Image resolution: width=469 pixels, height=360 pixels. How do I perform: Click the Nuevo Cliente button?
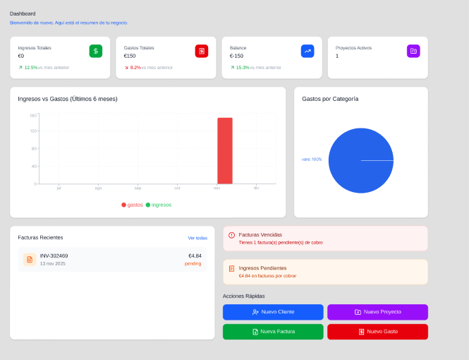(273, 312)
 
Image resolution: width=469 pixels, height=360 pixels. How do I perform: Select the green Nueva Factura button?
(273, 332)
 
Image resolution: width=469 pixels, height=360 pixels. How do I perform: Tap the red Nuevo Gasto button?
(377, 332)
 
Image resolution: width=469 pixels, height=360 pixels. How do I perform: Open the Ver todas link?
(197, 238)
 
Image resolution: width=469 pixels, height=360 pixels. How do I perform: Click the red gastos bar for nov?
(224, 151)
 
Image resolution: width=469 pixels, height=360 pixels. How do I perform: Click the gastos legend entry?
(132, 205)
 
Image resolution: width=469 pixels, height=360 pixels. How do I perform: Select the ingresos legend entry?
(159, 205)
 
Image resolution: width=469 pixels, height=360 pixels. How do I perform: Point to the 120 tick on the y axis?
(33, 131)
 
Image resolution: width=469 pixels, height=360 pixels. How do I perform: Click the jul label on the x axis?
(59, 188)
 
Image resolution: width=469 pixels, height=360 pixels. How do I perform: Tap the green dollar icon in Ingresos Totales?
(95, 51)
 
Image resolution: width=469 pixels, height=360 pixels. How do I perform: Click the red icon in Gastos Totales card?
(202, 51)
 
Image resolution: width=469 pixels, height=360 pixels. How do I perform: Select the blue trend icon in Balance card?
(307, 51)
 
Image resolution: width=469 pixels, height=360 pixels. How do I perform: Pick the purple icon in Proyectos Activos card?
(413, 51)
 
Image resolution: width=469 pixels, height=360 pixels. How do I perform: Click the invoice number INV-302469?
(54, 256)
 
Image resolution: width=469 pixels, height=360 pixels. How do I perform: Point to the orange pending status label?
(193, 263)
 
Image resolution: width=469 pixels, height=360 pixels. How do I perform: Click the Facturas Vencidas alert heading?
(260, 234)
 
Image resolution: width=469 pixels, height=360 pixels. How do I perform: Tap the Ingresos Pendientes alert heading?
(262, 268)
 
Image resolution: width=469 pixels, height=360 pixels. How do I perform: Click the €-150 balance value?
(236, 56)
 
